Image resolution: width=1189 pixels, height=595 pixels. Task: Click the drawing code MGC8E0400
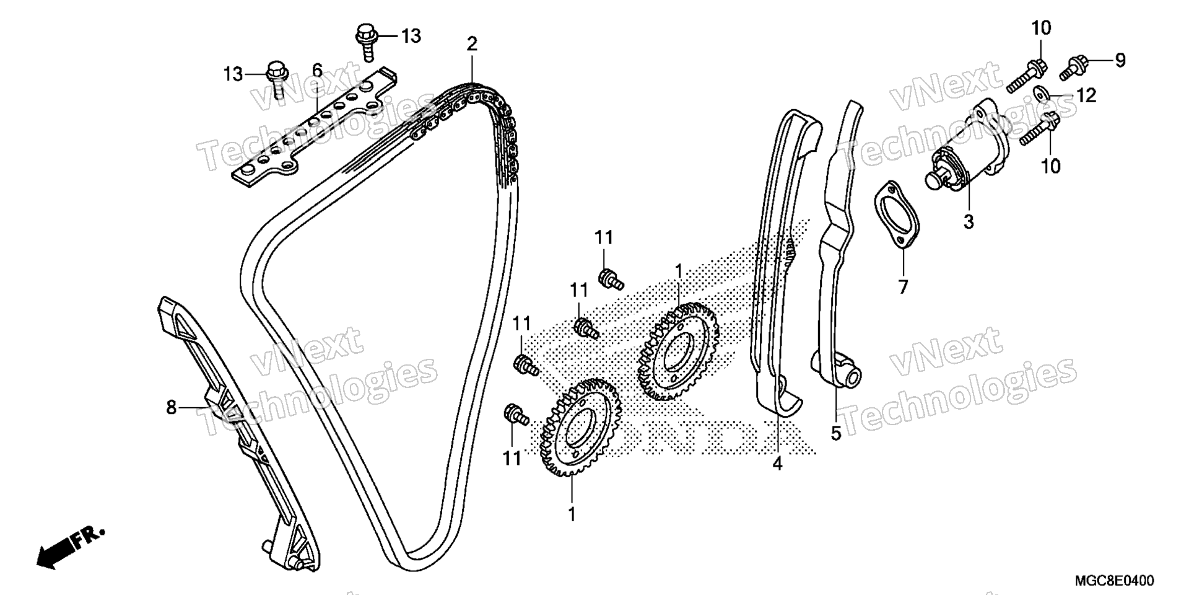coord(1114,580)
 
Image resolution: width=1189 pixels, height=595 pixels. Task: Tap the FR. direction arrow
coord(69,545)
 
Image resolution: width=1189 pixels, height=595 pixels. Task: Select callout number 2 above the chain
coord(472,45)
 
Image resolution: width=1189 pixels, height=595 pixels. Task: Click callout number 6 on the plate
coord(317,71)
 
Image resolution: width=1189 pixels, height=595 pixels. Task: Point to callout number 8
coord(172,407)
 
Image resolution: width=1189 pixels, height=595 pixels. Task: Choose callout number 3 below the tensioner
coord(969,221)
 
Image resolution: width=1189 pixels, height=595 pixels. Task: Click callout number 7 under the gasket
coord(902,287)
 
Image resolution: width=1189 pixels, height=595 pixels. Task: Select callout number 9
coord(1120,60)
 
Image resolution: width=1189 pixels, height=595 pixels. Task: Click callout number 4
coord(777,462)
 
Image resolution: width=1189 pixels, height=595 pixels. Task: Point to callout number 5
coord(836,433)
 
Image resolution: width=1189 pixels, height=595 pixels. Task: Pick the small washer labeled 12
coord(1042,94)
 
